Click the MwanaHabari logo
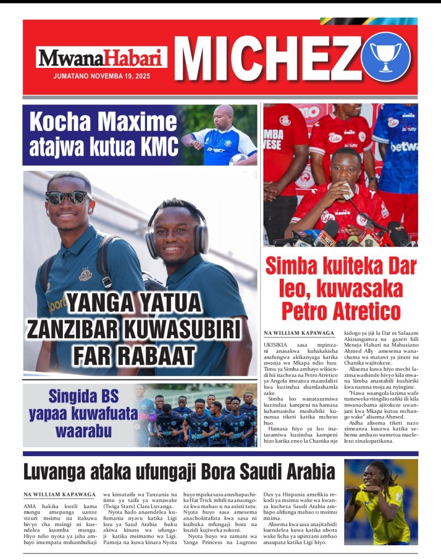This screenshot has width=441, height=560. (102, 57)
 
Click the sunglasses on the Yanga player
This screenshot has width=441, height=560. (68, 197)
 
